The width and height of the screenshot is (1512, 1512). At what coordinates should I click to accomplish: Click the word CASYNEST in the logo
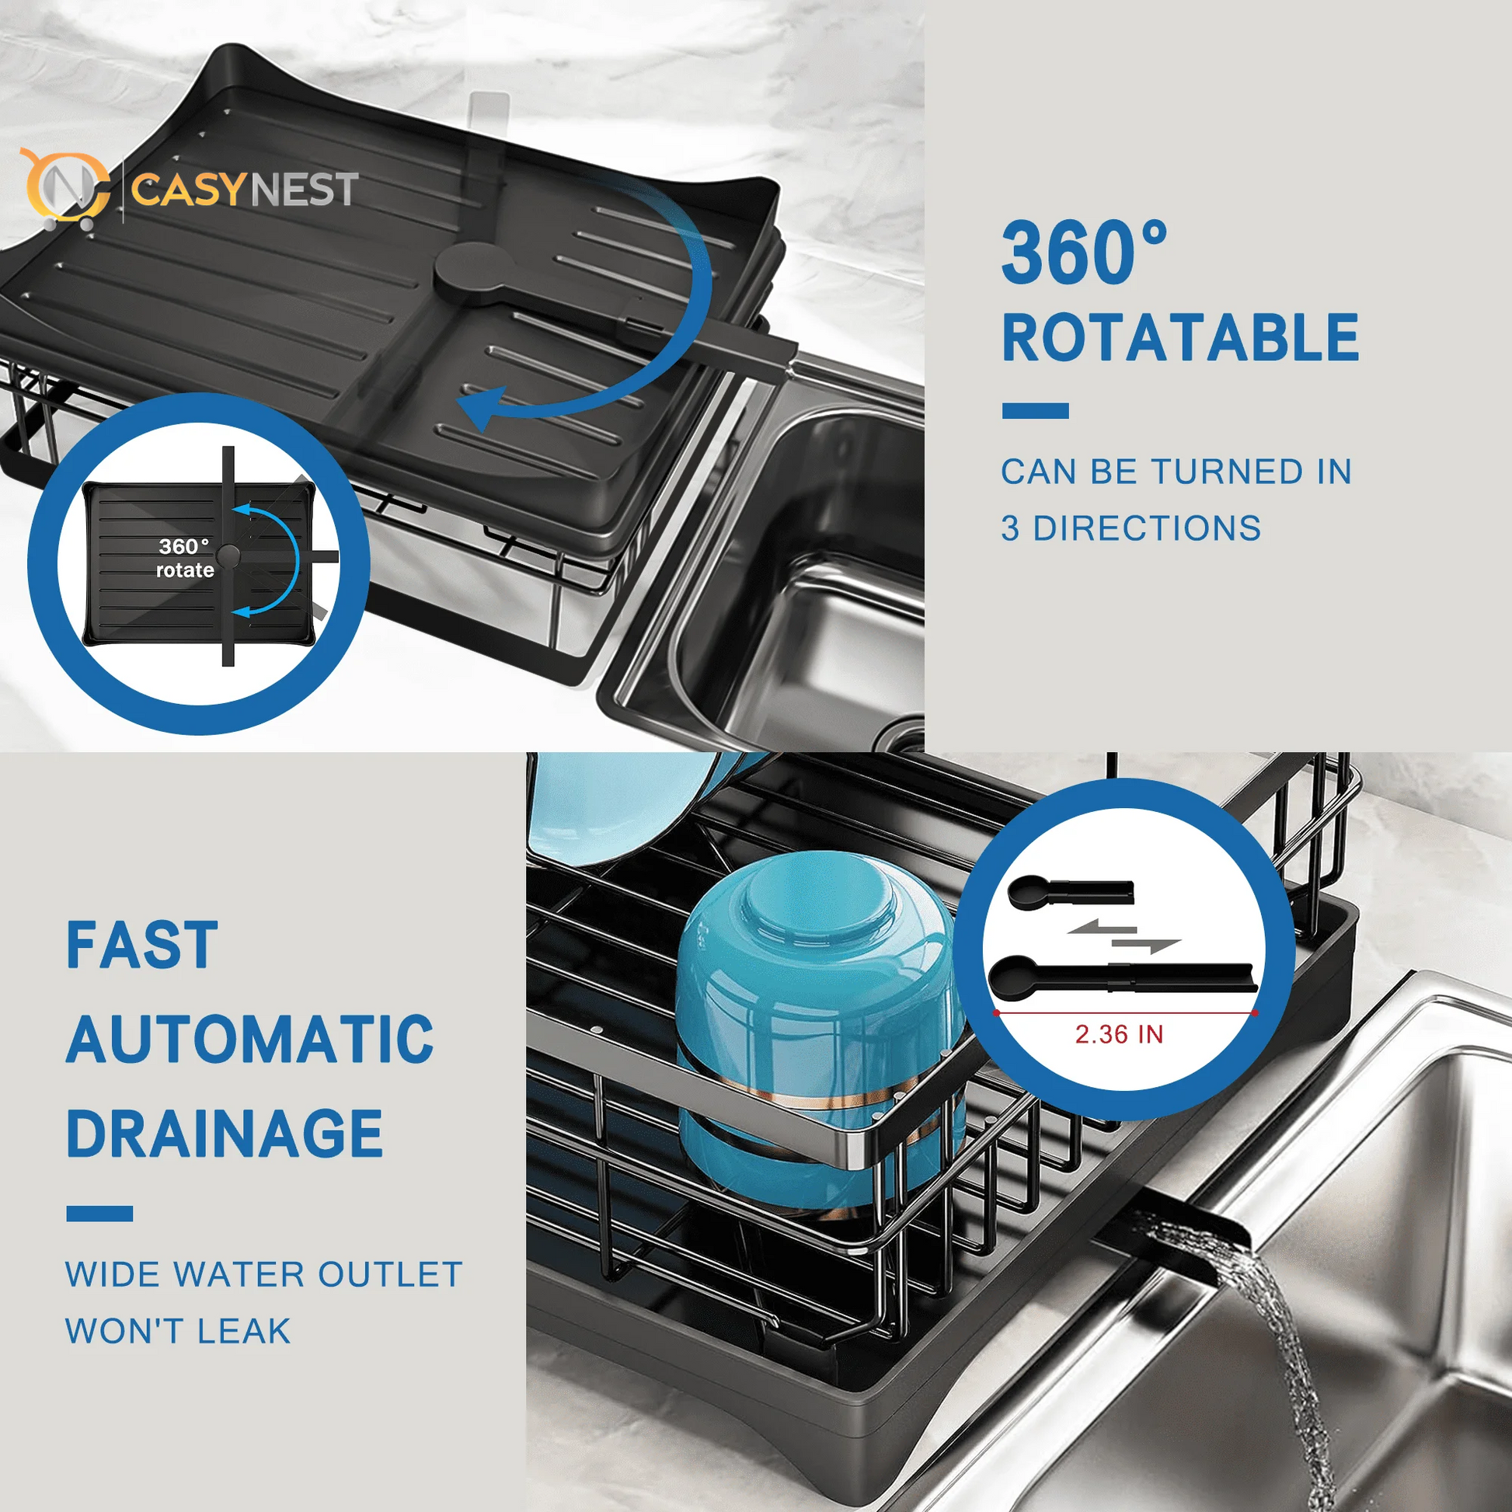click(244, 190)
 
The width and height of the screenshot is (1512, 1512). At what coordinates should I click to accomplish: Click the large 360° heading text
click(1084, 253)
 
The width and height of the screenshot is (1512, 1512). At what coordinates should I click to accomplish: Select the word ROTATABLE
click(1180, 338)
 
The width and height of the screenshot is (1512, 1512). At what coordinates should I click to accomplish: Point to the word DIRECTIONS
click(1148, 529)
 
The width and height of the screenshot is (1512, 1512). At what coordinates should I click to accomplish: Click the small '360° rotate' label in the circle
click(185, 558)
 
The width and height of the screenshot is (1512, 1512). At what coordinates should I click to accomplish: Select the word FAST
click(141, 946)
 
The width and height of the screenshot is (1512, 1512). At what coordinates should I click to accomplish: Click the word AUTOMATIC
click(249, 1040)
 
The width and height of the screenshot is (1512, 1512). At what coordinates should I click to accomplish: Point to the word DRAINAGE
click(225, 1134)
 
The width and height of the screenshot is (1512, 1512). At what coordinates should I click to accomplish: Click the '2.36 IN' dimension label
click(1119, 1035)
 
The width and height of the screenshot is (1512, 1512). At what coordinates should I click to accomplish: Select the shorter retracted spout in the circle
click(1070, 892)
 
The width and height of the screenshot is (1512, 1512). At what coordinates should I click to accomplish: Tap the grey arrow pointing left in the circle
click(1099, 929)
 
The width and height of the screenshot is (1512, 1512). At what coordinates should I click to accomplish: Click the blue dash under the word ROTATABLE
click(1035, 411)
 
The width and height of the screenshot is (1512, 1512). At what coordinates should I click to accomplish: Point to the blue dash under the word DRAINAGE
click(99, 1214)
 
